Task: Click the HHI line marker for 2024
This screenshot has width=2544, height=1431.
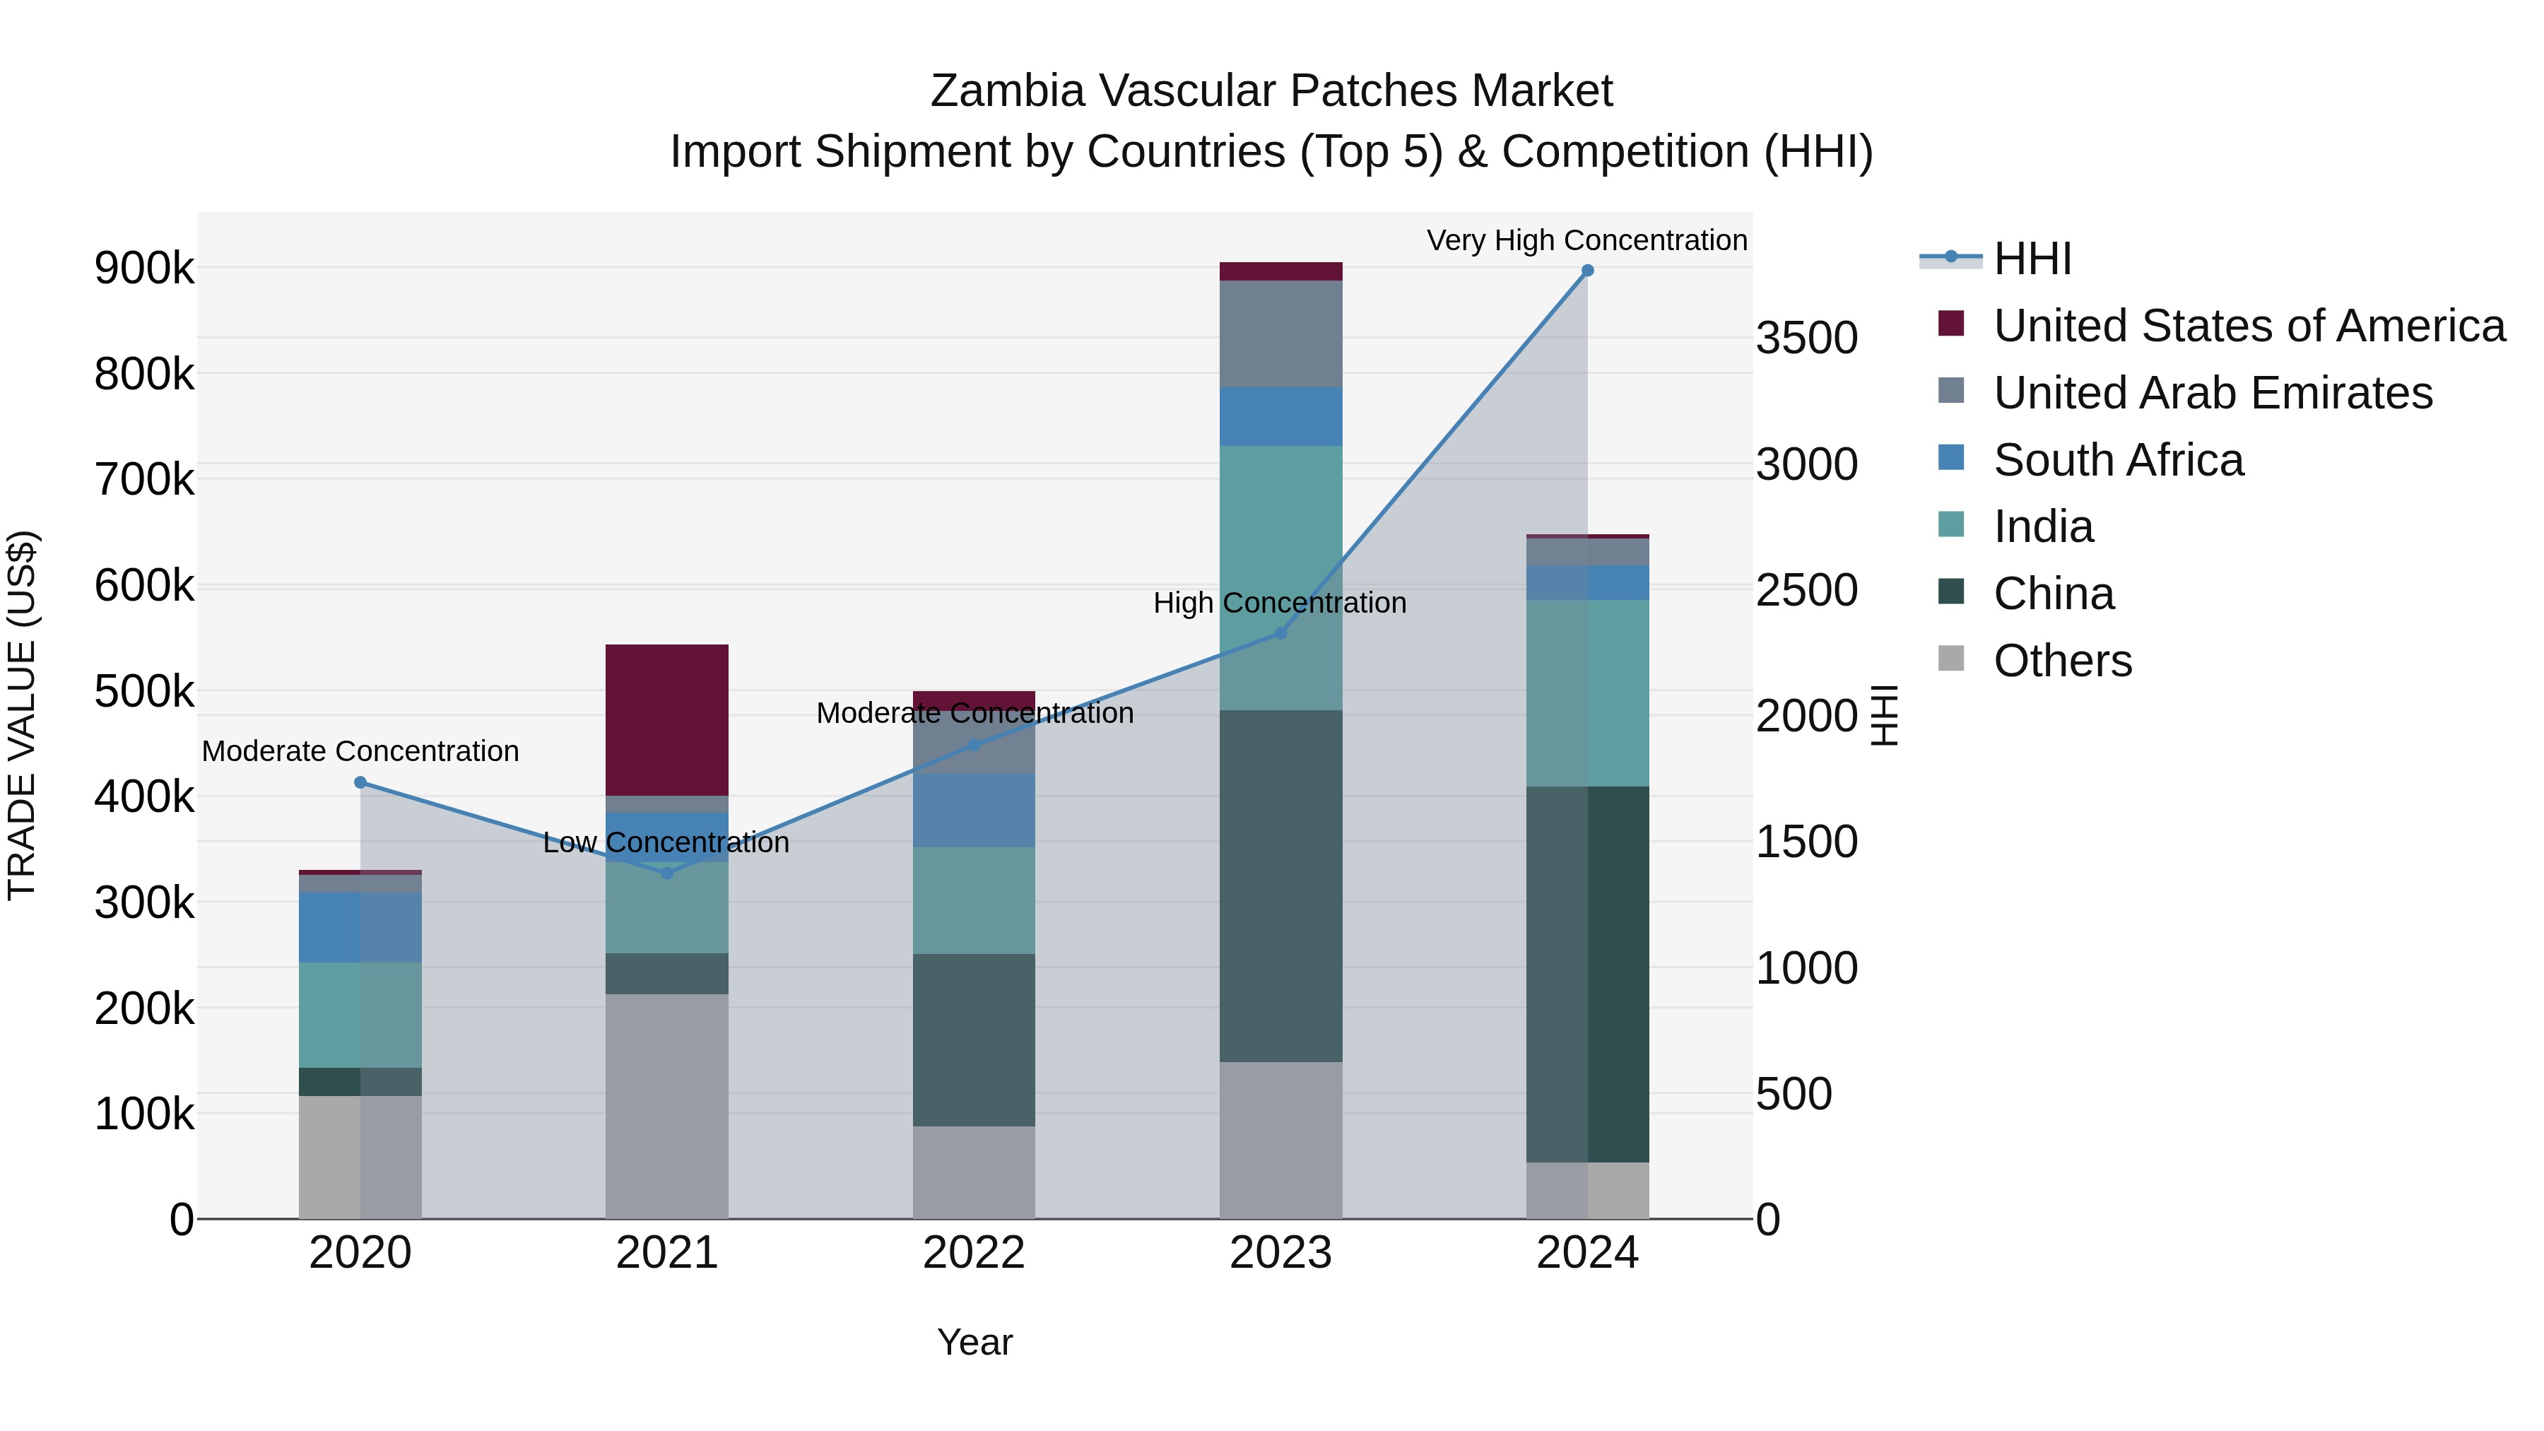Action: (1587, 271)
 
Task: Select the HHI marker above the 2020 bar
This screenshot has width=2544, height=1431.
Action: (360, 782)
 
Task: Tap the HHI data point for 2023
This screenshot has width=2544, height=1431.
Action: (1281, 633)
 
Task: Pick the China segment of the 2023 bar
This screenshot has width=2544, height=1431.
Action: (1281, 886)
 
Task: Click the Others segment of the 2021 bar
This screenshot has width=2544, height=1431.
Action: (666, 1106)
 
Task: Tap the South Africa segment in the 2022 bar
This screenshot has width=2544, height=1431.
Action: (974, 810)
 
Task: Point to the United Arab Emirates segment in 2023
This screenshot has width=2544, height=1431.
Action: (1281, 334)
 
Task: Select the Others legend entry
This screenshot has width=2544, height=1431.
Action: (2062, 661)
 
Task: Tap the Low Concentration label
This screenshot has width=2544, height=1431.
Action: (666, 842)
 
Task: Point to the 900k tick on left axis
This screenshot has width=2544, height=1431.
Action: (144, 268)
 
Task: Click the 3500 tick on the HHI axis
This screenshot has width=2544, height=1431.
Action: (1806, 338)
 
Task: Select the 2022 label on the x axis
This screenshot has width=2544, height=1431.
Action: (974, 1253)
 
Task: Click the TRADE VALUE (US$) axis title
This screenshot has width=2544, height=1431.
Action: (22, 715)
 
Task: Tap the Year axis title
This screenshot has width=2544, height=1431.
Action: (974, 1342)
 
